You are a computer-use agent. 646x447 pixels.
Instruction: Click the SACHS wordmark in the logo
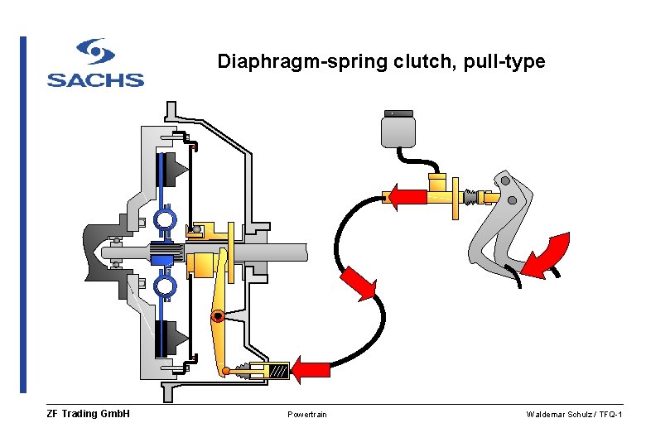(x=95, y=80)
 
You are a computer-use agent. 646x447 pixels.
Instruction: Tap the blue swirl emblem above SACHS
(x=96, y=52)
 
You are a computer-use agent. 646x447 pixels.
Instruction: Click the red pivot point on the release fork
(x=217, y=316)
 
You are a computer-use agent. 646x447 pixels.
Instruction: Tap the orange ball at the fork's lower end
(x=224, y=371)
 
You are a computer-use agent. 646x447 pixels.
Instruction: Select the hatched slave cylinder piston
(x=278, y=372)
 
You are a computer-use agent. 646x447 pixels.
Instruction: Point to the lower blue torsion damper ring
(x=164, y=286)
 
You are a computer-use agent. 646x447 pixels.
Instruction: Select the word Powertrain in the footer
(x=307, y=414)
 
